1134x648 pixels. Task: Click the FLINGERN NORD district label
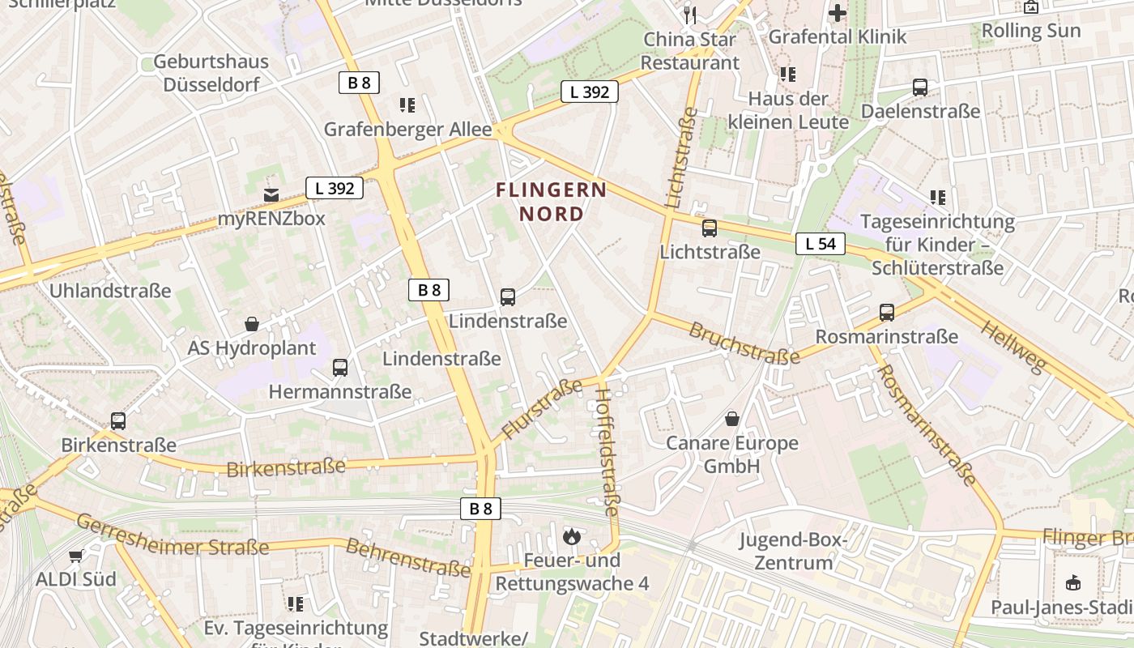pyautogui.click(x=551, y=202)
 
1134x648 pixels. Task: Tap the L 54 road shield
pyautogui.click(x=820, y=244)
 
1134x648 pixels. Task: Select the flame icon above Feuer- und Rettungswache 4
pyautogui.click(x=572, y=535)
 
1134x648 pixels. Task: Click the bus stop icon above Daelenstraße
pyautogui.click(x=920, y=87)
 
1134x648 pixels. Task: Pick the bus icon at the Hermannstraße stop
pyautogui.click(x=340, y=368)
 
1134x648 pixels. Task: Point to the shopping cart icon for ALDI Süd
pyautogui.click(x=76, y=556)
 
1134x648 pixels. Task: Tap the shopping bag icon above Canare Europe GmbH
pyautogui.click(x=732, y=419)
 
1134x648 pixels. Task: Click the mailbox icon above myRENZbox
pyautogui.click(x=271, y=194)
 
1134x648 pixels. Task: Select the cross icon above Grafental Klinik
pyautogui.click(x=838, y=13)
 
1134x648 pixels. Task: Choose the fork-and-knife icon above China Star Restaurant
pyautogui.click(x=690, y=14)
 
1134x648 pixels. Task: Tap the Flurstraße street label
pyautogui.click(x=542, y=409)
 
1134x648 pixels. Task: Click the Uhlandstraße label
pyautogui.click(x=110, y=290)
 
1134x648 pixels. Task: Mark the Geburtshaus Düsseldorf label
pyautogui.click(x=211, y=73)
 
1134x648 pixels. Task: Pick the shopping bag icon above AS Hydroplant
pyautogui.click(x=252, y=324)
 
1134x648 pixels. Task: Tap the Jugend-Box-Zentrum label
pyautogui.click(x=793, y=551)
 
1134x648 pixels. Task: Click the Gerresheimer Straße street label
pyautogui.click(x=173, y=536)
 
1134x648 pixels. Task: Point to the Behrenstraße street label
pyautogui.click(x=407, y=556)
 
